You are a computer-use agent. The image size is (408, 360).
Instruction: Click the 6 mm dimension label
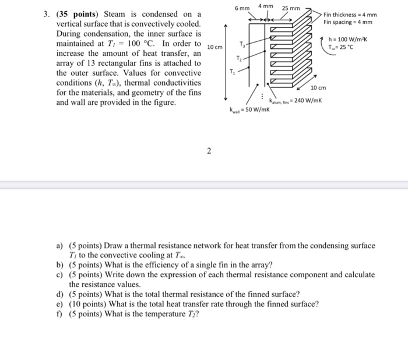tap(241, 9)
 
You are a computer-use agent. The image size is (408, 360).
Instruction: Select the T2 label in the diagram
tap(237, 57)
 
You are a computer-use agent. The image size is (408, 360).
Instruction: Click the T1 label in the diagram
tap(233, 72)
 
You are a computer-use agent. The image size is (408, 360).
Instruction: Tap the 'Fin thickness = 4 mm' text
tap(350, 15)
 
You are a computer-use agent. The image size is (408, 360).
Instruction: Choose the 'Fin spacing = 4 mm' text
tap(348, 23)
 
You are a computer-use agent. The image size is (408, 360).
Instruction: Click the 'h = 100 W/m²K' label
tap(346, 40)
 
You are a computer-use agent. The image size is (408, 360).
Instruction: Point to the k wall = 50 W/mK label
tap(248, 109)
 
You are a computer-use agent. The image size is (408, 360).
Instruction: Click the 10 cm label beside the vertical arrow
tap(214, 47)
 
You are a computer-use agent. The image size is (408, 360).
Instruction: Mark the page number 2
tap(208, 153)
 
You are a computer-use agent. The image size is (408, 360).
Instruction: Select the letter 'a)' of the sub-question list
tap(59, 246)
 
